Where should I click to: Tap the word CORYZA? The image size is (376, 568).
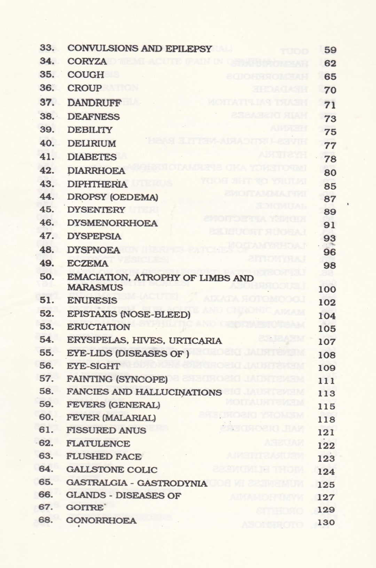click(87, 61)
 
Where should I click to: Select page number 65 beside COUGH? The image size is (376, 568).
click(330, 77)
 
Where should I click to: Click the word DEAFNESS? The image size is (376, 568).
click(93, 117)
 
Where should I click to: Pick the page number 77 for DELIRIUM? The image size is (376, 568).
click(330, 145)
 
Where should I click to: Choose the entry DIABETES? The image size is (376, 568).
click(92, 157)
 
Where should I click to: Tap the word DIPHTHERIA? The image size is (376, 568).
click(97, 184)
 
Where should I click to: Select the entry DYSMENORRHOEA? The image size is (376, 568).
click(112, 223)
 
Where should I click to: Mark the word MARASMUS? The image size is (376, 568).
click(95, 287)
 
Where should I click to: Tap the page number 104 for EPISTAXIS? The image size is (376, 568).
click(327, 316)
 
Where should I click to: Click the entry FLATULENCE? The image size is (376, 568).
click(98, 443)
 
